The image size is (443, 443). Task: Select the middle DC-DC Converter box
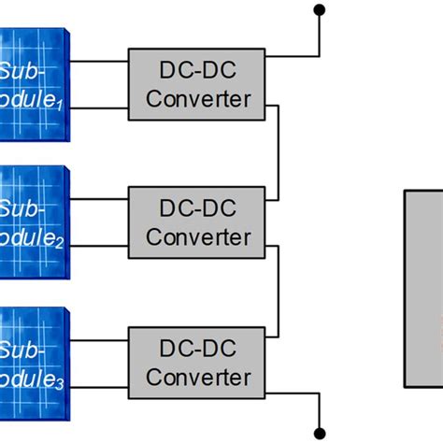click(x=198, y=222)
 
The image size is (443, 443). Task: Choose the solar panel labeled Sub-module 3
click(x=34, y=360)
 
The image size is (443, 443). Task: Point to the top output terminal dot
click(x=320, y=10)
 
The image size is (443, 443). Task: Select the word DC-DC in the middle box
click(x=198, y=208)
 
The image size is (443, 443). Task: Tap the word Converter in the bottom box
click(x=198, y=378)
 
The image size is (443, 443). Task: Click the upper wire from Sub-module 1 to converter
click(x=98, y=63)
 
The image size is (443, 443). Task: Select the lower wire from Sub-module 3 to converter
click(x=98, y=386)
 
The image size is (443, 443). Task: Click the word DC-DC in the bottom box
click(x=198, y=349)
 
